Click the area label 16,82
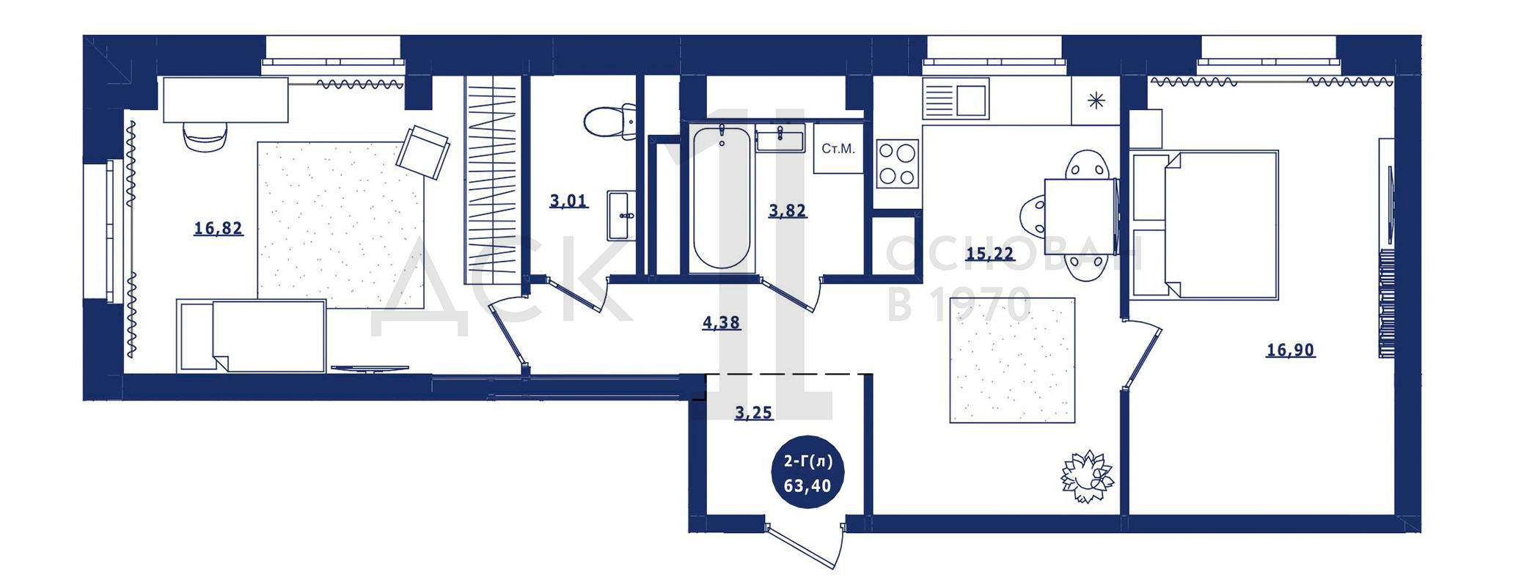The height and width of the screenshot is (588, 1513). click(x=218, y=229)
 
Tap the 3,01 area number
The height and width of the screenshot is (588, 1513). click(x=568, y=200)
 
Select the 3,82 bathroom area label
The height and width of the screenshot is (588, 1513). click(x=787, y=211)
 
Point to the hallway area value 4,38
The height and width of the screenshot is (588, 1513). click(x=721, y=323)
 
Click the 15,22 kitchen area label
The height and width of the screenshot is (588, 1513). click(x=990, y=254)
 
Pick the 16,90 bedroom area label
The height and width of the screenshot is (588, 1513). click(x=1291, y=350)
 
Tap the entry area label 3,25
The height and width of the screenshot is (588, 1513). click(x=753, y=413)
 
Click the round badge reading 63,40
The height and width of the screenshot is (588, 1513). click(x=808, y=474)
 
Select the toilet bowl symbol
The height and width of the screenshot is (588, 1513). click(x=610, y=122)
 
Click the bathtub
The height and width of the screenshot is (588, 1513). click(x=722, y=198)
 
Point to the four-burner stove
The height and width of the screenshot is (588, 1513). click(x=898, y=163)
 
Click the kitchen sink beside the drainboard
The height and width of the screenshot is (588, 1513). click(x=970, y=101)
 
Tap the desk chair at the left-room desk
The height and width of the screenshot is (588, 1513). click(x=205, y=136)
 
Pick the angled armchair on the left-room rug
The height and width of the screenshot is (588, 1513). click(x=423, y=152)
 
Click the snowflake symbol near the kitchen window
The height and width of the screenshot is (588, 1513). click(x=1096, y=100)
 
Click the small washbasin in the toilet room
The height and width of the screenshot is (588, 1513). click(x=622, y=216)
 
